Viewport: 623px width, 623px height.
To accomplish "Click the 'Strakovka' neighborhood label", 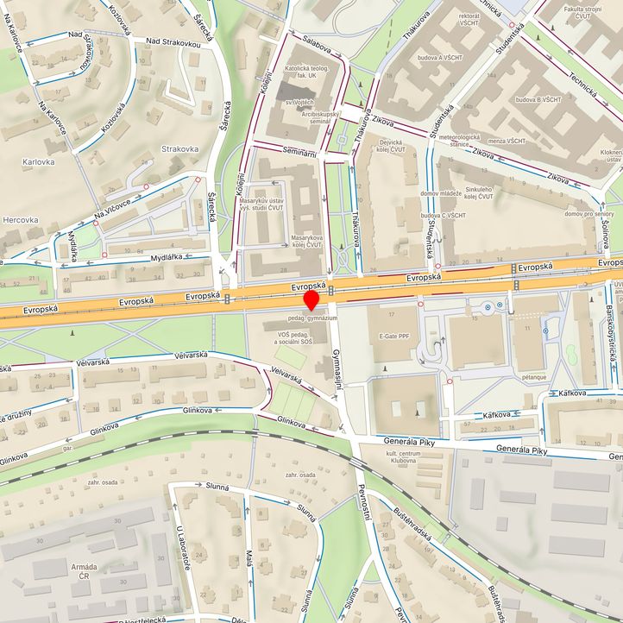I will click(x=179, y=148).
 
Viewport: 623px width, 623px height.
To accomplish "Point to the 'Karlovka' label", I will click(x=39, y=161).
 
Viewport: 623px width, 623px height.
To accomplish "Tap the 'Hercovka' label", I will click(x=20, y=220).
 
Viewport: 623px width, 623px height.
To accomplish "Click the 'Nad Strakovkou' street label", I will click(x=173, y=41).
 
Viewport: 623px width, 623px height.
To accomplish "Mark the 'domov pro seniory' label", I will click(x=589, y=213).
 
